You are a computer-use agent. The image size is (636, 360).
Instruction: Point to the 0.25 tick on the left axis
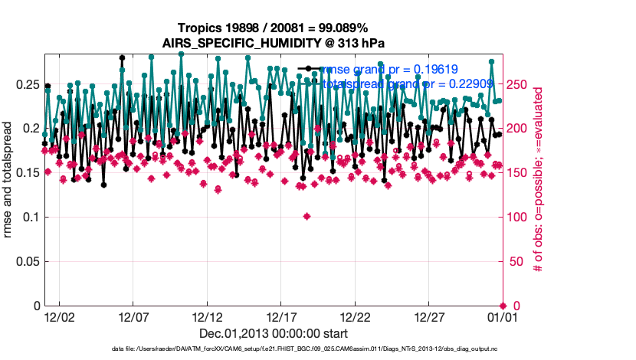click(x=28, y=83)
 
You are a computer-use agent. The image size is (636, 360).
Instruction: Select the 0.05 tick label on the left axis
click(x=28, y=262)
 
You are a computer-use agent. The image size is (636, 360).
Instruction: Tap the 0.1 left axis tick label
click(x=31, y=218)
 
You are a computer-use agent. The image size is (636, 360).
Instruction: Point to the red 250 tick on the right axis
click(x=520, y=83)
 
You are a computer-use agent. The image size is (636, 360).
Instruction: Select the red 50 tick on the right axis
click(x=516, y=262)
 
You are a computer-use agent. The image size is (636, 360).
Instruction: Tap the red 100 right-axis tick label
click(x=520, y=218)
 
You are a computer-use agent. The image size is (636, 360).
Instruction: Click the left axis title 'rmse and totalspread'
click(x=9, y=180)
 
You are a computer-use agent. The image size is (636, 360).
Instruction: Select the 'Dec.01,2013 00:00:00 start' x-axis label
click(x=274, y=333)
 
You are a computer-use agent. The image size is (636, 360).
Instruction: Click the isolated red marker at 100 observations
click(x=307, y=217)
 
